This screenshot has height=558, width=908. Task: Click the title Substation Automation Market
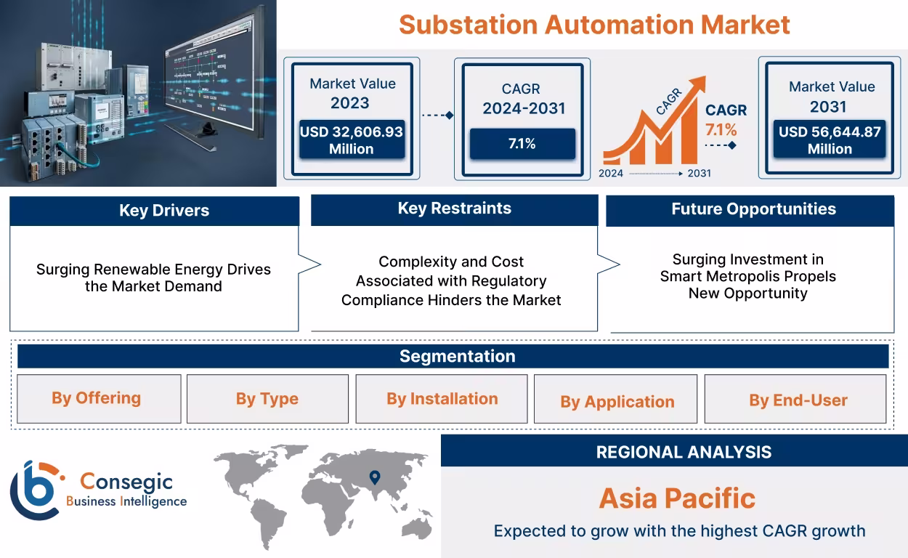(x=594, y=25)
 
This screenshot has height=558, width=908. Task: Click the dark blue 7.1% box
(x=522, y=144)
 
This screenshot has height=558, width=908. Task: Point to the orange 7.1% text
(x=721, y=130)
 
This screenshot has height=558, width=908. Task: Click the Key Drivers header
(x=154, y=211)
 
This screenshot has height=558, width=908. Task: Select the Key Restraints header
(x=454, y=209)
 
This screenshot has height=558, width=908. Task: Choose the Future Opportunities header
(x=753, y=209)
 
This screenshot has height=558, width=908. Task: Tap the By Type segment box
(x=267, y=399)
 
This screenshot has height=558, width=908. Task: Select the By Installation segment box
(x=442, y=399)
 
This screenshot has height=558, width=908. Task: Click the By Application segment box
(x=616, y=401)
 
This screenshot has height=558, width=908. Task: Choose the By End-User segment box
(x=797, y=400)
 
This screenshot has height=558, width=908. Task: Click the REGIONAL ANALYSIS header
(x=683, y=452)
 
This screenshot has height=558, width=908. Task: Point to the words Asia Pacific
(x=677, y=498)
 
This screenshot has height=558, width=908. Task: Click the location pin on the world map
(x=375, y=477)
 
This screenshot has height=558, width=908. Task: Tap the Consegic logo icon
(x=35, y=490)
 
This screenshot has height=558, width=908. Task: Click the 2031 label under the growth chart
(x=699, y=174)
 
